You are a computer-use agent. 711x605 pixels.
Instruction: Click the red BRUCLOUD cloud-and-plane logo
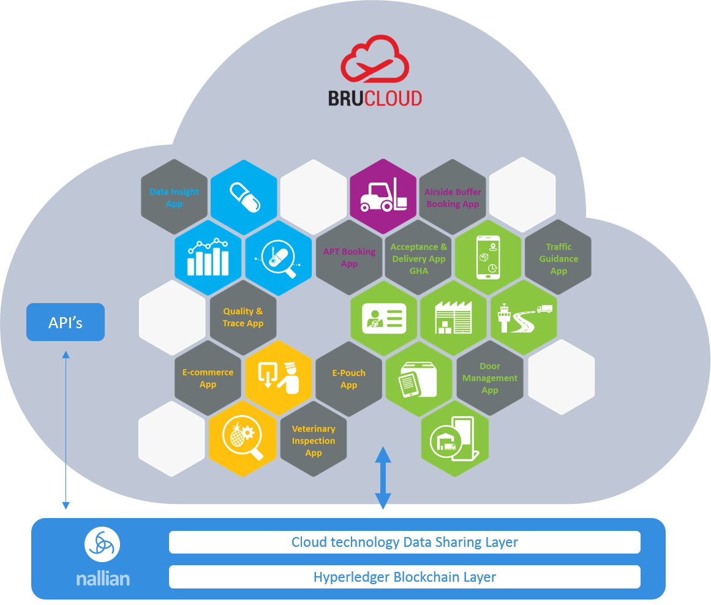(x=375, y=59)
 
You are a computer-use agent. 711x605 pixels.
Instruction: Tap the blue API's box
(x=66, y=322)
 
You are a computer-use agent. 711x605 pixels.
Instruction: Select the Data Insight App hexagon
(x=174, y=197)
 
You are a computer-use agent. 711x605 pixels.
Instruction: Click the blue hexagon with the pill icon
(x=244, y=197)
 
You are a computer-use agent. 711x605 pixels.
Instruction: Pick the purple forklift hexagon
(x=383, y=197)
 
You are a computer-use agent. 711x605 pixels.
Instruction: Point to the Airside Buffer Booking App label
(x=453, y=198)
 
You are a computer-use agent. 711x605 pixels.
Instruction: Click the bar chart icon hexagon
(x=208, y=258)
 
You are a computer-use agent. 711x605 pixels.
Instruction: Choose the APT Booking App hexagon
(x=349, y=258)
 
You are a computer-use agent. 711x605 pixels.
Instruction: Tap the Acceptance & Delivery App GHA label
(x=418, y=258)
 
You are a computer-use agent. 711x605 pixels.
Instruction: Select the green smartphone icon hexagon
(x=488, y=257)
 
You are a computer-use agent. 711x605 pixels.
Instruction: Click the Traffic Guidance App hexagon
(x=558, y=258)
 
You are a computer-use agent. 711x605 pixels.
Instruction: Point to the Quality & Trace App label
(x=243, y=317)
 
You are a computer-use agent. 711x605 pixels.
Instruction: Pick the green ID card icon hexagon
(x=384, y=318)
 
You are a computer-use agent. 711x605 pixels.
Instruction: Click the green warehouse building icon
(x=453, y=317)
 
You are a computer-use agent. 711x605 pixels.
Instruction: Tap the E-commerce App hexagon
(x=208, y=378)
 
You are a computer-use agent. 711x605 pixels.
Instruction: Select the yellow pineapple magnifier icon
(x=243, y=438)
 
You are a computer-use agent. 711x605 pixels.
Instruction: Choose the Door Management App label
(x=490, y=378)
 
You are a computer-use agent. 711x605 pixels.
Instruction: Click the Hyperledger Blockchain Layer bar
(x=404, y=577)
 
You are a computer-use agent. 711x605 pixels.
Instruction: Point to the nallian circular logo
(x=102, y=544)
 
